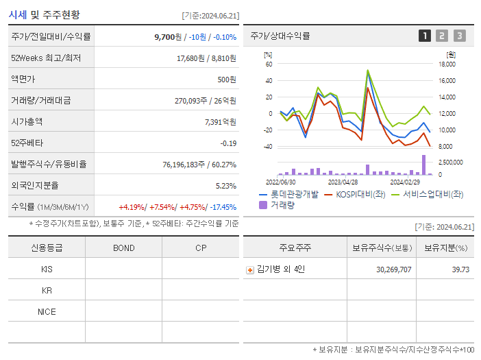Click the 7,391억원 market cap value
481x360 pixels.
tap(221, 121)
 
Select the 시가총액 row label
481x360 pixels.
tap(27, 121)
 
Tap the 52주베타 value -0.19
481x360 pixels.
tap(228, 143)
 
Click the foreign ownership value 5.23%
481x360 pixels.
tap(225, 185)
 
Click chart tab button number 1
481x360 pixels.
tap(425, 36)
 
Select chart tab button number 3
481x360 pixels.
tap(459, 36)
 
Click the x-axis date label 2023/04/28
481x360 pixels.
tap(343, 182)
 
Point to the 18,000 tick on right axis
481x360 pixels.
tap(447, 64)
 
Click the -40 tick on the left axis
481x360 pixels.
tap(269, 146)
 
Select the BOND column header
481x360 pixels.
tap(123, 248)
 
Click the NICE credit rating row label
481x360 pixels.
tap(47, 311)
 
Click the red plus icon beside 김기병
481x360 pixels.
tap(250, 270)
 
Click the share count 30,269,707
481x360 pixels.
tap(394, 269)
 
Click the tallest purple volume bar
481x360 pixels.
tap(423, 165)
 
